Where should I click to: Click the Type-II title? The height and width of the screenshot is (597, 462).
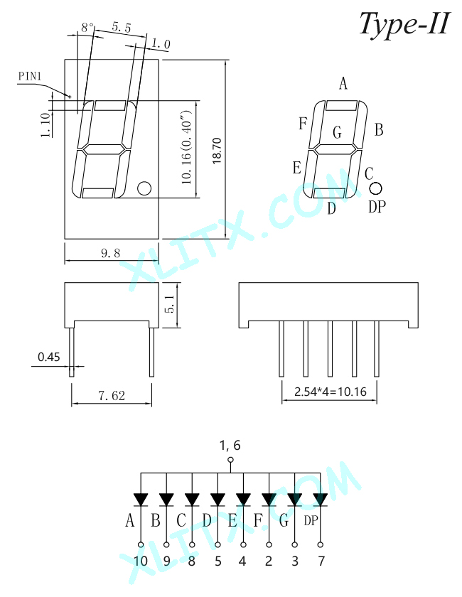click(x=405, y=24)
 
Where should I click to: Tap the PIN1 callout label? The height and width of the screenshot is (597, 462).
click(x=30, y=76)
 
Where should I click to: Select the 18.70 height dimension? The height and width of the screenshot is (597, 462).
click(x=217, y=151)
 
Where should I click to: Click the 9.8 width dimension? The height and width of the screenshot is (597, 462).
click(x=110, y=253)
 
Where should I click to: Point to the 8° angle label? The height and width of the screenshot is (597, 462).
click(x=87, y=28)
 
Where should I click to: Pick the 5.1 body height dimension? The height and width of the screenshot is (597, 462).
click(x=170, y=304)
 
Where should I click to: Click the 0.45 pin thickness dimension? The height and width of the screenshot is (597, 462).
click(x=49, y=357)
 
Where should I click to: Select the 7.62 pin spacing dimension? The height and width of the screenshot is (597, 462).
click(x=112, y=396)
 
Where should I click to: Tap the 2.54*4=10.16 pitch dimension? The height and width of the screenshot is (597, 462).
click(x=331, y=392)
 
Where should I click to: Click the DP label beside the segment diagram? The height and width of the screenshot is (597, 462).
click(x=377, y=207)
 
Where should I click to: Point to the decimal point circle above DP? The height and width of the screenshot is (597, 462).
click(x=375, y=188)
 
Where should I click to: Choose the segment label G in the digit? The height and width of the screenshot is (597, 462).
click(x=337, y=132)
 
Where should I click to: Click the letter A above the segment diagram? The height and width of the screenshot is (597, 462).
click(x=343, y=83)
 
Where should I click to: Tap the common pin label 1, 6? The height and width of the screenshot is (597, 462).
click(x=230, y=445)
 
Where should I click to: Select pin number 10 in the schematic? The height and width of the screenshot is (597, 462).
click(x=141, y=561)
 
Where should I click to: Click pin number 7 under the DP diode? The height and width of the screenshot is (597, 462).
click(x=321, y=561)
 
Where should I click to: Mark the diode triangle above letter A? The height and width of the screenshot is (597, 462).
click(x=141, y=500)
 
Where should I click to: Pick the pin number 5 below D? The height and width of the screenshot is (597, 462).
click(x=218, y=561)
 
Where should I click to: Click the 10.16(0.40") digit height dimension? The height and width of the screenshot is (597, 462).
click(x=186, y=147)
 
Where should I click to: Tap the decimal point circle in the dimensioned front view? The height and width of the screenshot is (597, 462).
click(x=144, y=188)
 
